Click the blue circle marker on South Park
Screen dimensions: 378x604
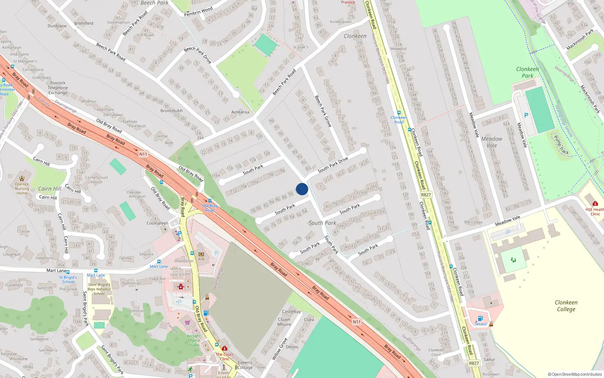302,189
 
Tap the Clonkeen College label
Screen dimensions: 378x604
566,306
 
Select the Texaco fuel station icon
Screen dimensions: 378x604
480,319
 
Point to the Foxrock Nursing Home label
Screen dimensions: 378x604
22,189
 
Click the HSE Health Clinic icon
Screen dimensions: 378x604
595,204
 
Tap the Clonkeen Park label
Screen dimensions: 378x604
527,72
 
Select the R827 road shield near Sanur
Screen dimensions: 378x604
474,363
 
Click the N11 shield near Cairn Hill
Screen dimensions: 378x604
143,154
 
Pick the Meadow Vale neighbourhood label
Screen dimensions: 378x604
492,142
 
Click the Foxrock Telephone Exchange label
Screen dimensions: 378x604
58,88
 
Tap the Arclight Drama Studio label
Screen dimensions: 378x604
194,340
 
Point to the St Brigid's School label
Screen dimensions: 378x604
68,279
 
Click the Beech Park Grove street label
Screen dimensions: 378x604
323,111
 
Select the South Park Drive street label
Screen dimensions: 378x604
333,165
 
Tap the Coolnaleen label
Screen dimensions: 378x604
157,223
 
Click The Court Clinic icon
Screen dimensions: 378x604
225,349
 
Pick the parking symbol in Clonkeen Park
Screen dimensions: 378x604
526,115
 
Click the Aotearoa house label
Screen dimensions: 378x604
240,112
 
